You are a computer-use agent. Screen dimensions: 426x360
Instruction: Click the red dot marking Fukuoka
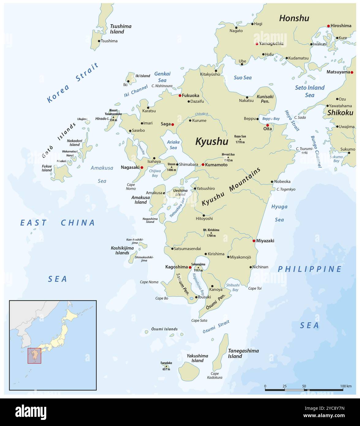click(180, 95)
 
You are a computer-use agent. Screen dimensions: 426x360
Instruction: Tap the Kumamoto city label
click(216, 165)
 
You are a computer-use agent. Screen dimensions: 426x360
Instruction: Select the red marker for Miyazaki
click(254, 241)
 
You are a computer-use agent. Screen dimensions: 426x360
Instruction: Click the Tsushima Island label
click(120, 29)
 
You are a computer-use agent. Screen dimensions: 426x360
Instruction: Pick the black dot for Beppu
click(257, 119)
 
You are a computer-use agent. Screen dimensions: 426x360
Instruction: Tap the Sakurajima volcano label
click(198, 264)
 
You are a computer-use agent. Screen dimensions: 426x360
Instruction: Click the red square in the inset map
click(34, 356)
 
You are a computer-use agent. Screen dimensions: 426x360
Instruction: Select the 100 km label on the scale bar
click(346, 386)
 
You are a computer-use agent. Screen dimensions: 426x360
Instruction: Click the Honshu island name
click(294, 18)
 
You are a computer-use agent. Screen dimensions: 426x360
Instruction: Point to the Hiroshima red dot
click(328, 26)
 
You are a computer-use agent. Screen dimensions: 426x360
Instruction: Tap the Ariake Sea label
click(173, 145)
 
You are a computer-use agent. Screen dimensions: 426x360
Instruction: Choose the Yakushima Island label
click(197, 358)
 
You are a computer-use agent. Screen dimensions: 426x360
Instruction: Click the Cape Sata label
click(199, 320)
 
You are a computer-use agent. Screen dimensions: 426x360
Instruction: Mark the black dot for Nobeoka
click(272, 182)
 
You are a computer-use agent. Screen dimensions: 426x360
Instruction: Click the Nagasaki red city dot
click(142, 168)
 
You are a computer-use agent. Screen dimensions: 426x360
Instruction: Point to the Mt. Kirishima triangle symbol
click(211, 233)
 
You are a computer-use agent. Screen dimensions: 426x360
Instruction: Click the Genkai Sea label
click(162, 77)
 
